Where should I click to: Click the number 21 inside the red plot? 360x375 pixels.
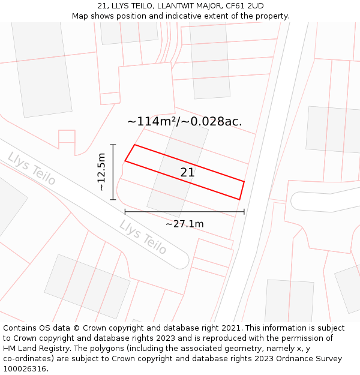coord(187,173)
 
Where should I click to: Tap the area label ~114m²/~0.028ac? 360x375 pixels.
coord(184,121)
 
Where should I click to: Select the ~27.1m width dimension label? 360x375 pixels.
coord(184,224)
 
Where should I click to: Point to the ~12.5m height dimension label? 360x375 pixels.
coord(101,172)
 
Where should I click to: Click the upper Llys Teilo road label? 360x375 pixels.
coord(32,169)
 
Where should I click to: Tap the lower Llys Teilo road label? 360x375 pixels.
coord(143,237)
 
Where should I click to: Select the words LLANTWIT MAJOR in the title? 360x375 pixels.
coord(190,6)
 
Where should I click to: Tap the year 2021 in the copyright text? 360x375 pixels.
coord(231,328)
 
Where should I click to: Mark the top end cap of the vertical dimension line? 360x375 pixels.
coord(113,145)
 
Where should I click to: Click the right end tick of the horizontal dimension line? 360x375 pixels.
coord(244,211)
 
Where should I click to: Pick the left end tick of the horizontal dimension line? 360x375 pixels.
coord(125,211)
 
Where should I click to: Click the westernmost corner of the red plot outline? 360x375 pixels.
coord(125,161)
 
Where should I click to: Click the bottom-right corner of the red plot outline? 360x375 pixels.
coord(239,200)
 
